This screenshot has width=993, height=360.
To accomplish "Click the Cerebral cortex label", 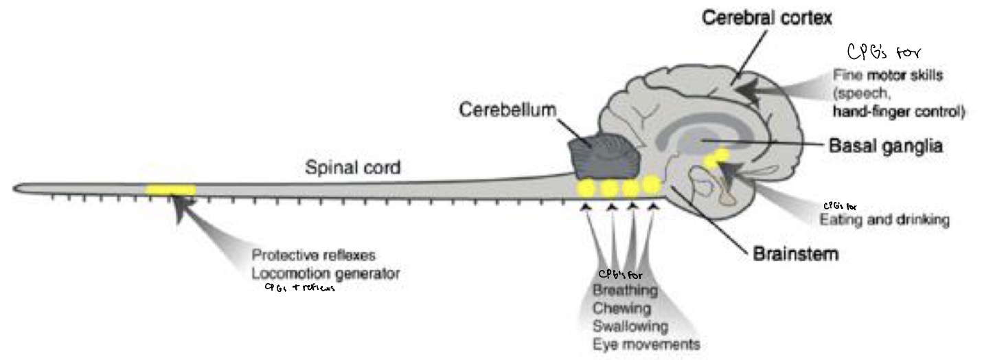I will tap(771, 19).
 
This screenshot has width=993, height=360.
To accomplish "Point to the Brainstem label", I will tap(796, 254).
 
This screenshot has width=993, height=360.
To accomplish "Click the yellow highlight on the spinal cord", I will tap(171, 190).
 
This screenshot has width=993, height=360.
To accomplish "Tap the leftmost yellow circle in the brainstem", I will tap(587, 188).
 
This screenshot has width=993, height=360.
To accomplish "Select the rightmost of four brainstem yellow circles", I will tap(651, 185).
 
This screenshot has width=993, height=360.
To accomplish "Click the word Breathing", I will tap(625, 291).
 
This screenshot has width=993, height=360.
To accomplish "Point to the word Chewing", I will tap(622, 308).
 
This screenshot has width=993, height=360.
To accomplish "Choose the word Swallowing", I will tap(630, 325).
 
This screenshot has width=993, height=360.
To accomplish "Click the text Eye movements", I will tap(646, 343).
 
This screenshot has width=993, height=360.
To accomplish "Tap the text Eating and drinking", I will tap(884, 220).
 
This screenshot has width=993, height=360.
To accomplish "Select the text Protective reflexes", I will tap(313, 255).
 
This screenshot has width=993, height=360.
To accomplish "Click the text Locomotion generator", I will tap(325, 273).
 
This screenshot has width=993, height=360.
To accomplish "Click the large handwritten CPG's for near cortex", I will tap(882, 53).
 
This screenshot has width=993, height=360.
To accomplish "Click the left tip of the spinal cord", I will tap(15, 188).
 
